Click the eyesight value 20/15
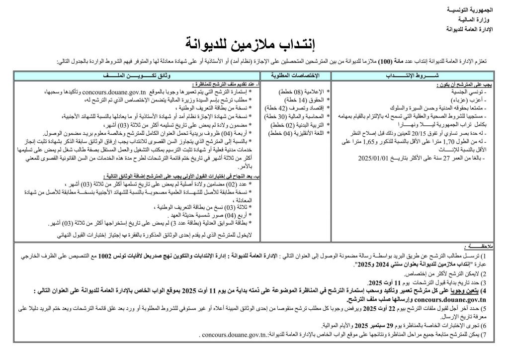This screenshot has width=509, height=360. pyautogui.click(x=405, y=134)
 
